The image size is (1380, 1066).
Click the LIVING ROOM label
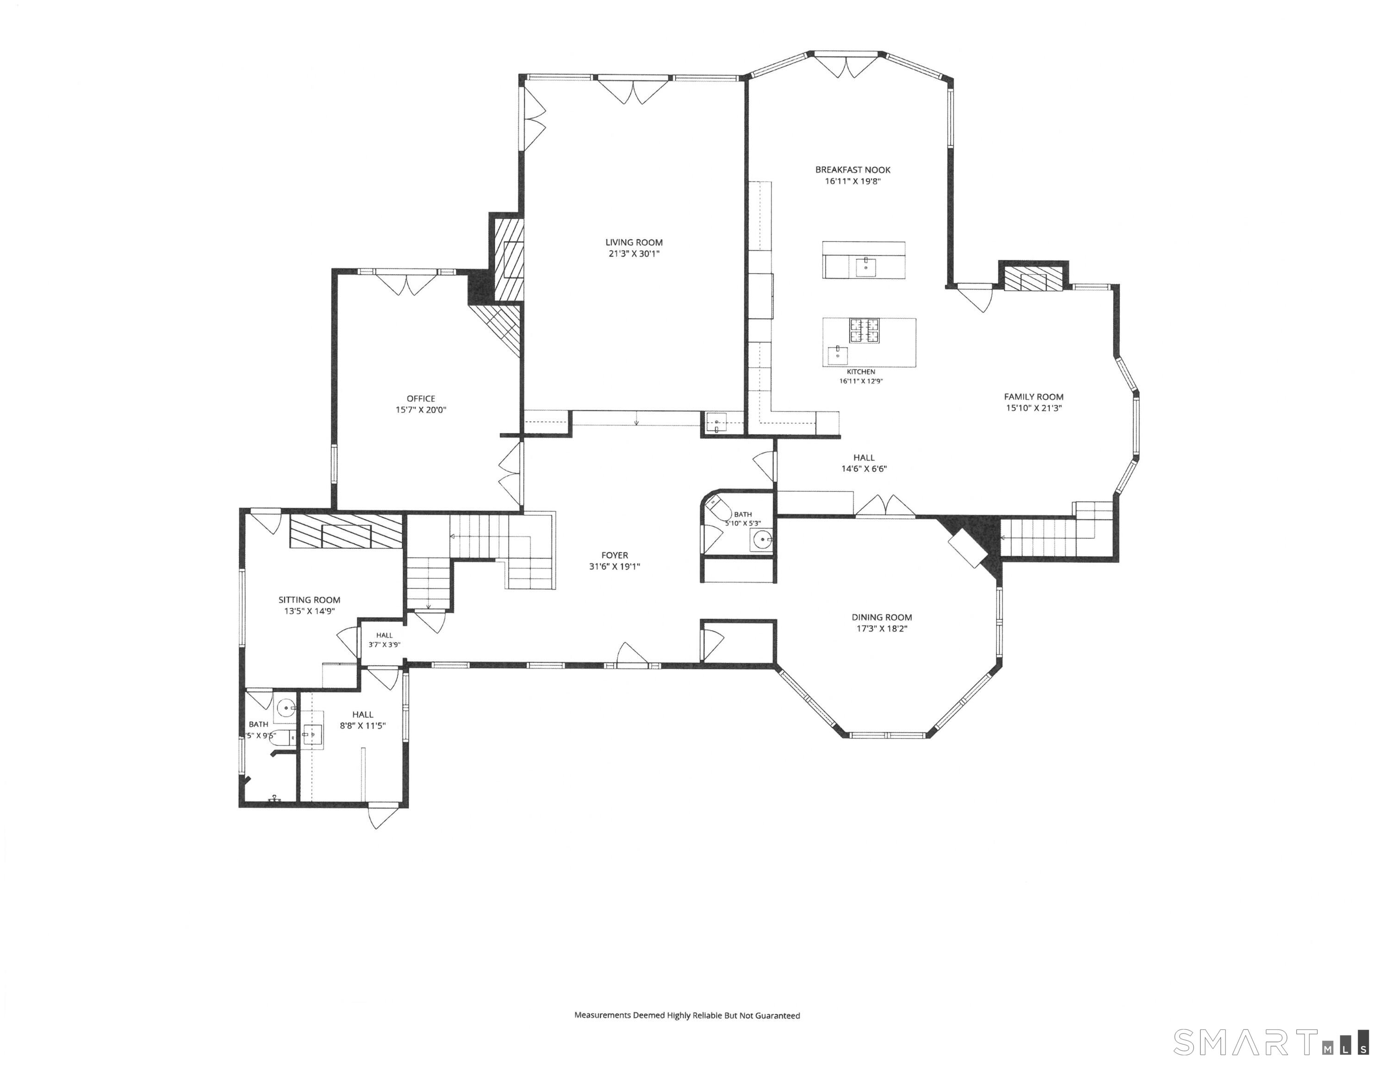634,242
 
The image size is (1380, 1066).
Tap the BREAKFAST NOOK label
852,169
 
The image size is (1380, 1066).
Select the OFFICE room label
421,398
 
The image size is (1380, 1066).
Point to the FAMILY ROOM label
1034,397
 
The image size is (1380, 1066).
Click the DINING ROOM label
882,617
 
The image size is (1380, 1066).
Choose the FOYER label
615,555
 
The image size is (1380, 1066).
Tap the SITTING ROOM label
310,600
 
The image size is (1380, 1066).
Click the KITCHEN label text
861,372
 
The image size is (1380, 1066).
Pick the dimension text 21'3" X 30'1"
634,254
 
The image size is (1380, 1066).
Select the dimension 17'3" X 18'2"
882,629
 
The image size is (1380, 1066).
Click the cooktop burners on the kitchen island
864,330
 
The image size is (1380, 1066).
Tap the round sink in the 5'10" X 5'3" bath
763,539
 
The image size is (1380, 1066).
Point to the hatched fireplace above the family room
1033,279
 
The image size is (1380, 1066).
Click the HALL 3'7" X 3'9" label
384,640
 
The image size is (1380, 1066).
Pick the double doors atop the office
406,283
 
